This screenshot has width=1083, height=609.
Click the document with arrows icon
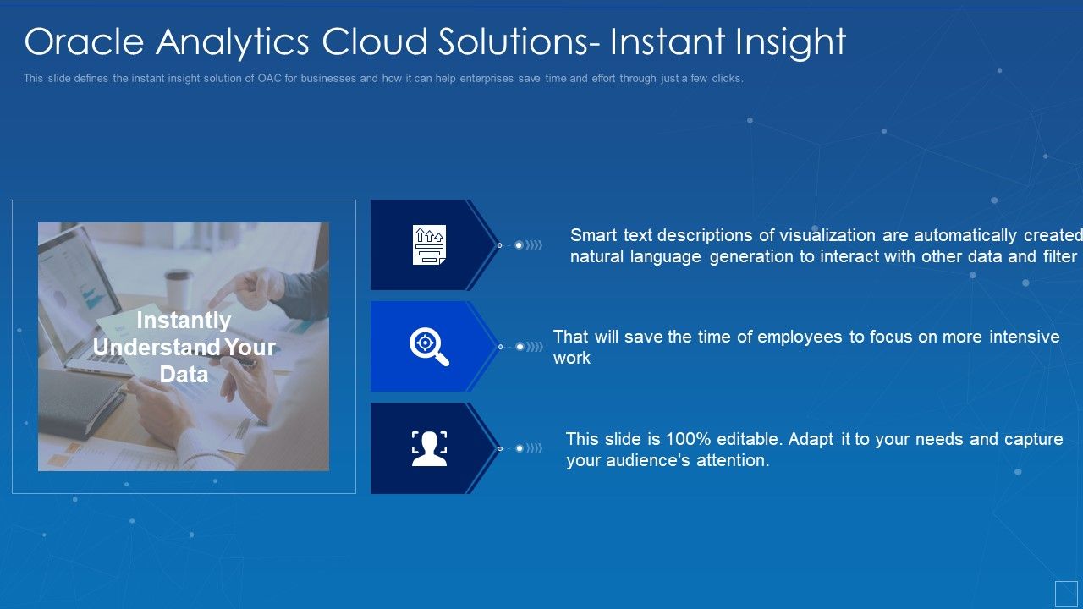[429, 245]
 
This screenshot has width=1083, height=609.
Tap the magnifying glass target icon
[429, 347]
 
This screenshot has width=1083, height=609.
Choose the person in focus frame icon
[429, 448]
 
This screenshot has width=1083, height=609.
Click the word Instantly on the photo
[184, 321]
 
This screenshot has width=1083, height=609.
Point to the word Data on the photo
[184, 374]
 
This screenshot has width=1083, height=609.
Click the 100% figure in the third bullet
[689, 439]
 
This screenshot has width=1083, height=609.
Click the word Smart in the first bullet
[594, 235]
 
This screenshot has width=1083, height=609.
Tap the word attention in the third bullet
[731, 461]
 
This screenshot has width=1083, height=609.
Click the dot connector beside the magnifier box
[520, 347]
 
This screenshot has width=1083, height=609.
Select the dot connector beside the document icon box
[520, 245]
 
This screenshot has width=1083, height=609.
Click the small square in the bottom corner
[1066, 593]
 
